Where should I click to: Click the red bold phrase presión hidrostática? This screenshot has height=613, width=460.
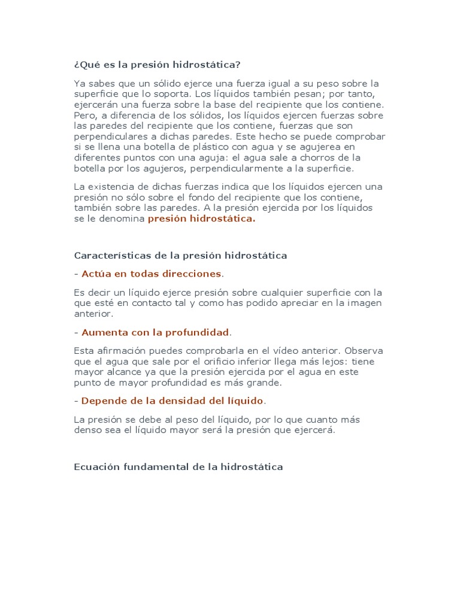point(201,219)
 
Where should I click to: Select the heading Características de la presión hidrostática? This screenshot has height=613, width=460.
point(180,256)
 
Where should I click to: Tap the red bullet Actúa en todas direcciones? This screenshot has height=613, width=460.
point(152,274)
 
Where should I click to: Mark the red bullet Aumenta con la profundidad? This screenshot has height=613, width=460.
point(155,332)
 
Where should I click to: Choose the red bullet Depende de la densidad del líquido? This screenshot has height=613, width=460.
point(172,400)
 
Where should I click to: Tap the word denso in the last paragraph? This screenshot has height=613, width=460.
point(88,430)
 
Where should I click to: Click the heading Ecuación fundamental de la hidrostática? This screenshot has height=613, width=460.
point(178,467)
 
